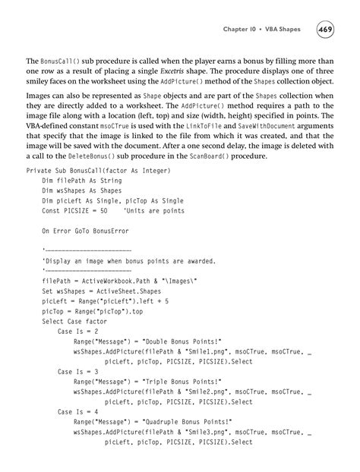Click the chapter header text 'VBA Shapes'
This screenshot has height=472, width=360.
[281, 30]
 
